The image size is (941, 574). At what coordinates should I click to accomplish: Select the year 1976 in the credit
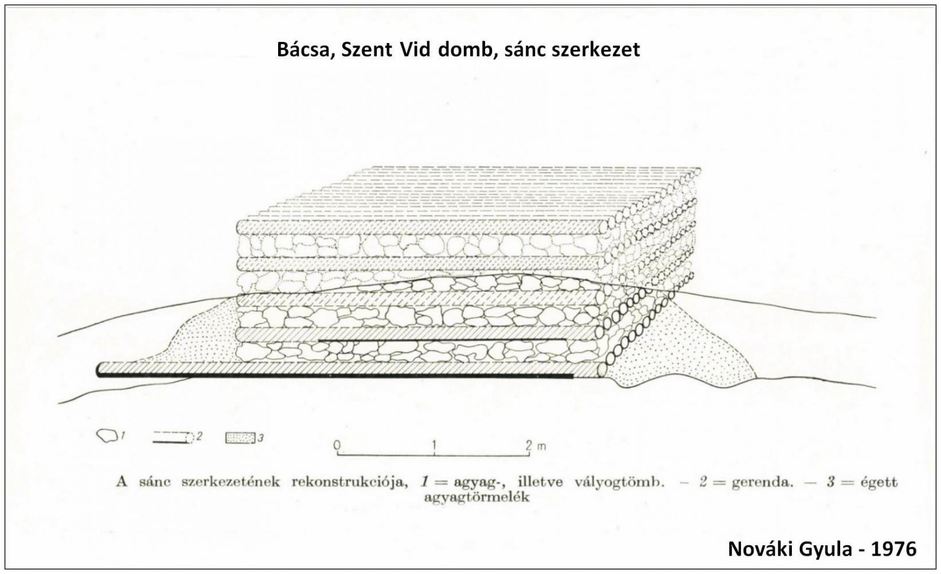tap(893, 549)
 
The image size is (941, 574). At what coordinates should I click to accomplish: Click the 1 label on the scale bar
tap(434, 444)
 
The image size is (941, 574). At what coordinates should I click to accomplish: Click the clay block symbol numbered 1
tap(107, 436)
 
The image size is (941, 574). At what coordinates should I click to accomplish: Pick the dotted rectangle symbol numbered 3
tap(240, 438)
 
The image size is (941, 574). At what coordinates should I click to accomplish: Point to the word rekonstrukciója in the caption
tap(350, 482)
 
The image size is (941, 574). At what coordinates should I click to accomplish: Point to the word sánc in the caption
tap(155, 482)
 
